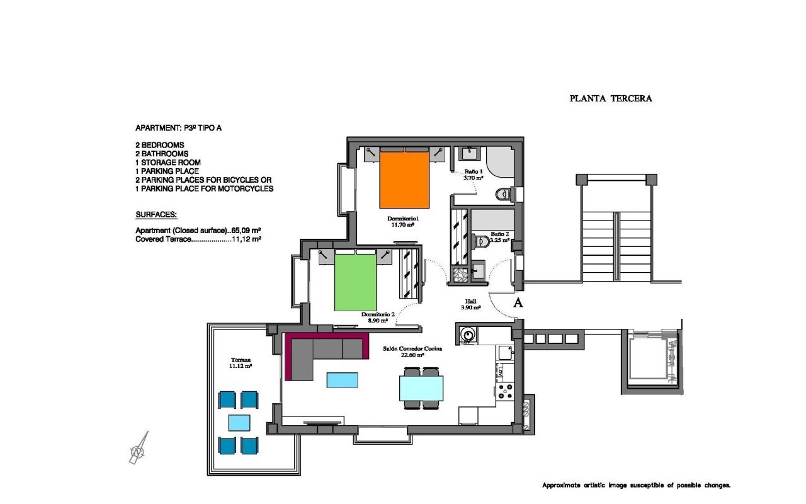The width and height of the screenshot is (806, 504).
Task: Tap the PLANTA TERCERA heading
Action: click(611, 99)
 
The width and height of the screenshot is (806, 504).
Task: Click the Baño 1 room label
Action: click(473, 171)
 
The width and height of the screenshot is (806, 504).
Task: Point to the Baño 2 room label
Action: click(500, 234)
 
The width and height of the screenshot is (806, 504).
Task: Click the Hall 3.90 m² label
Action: click(470, 304)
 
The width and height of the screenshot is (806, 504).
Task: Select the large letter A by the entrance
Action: click(518, 303)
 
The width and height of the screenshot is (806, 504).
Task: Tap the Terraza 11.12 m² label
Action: click(241, 363)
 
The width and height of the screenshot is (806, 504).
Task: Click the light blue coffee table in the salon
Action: click(342, 380)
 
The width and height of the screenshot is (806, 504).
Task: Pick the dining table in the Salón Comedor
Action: click(421, 389)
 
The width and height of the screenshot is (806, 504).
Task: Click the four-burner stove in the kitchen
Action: click(505, 392)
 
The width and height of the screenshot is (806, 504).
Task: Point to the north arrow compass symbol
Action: click(139, 448)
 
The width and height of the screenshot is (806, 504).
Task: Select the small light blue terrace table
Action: click(239, 423)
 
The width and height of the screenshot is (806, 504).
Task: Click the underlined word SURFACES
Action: click(156, 215)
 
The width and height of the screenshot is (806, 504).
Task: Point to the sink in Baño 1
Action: click(470, 154)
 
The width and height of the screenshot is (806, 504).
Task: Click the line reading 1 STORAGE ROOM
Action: click(168, 163)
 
